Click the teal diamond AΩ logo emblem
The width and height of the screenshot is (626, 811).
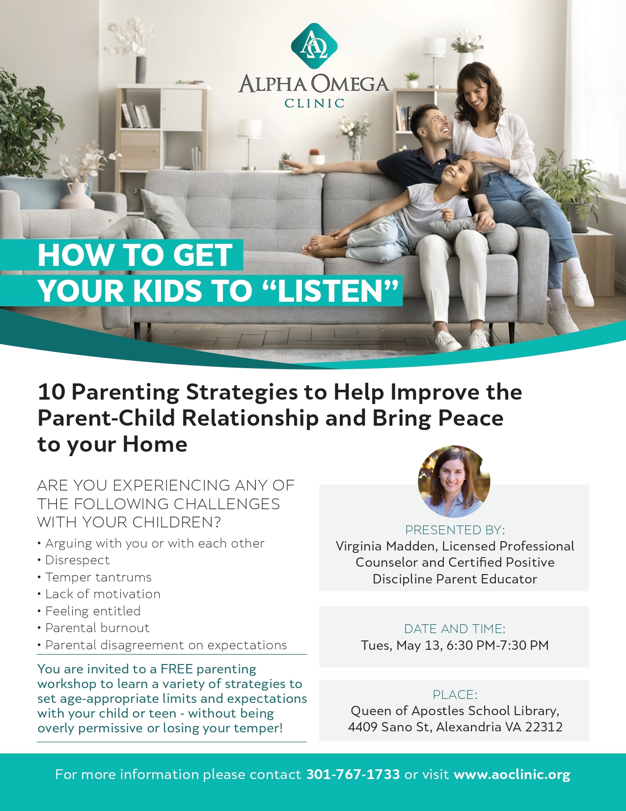(314, 46)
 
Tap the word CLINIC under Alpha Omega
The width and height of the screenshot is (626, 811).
(314, 103)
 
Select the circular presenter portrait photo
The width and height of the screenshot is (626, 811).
(454, 481)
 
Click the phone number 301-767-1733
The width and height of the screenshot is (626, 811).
(353, 775)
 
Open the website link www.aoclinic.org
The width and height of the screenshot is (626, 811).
(512, 775)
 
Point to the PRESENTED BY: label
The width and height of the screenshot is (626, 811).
(455, 529)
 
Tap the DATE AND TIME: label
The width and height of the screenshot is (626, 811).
(455, 629)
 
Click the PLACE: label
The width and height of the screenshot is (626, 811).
(455, 695)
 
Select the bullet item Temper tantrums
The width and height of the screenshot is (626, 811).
(98, 577)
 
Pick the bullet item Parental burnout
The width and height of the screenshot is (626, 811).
(97, 628)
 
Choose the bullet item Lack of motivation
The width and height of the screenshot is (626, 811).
(103, 594)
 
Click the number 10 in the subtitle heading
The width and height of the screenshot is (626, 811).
(52, 392)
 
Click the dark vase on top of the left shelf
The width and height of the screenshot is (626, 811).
(140, 69)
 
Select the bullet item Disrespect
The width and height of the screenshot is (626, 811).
(78, 560)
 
